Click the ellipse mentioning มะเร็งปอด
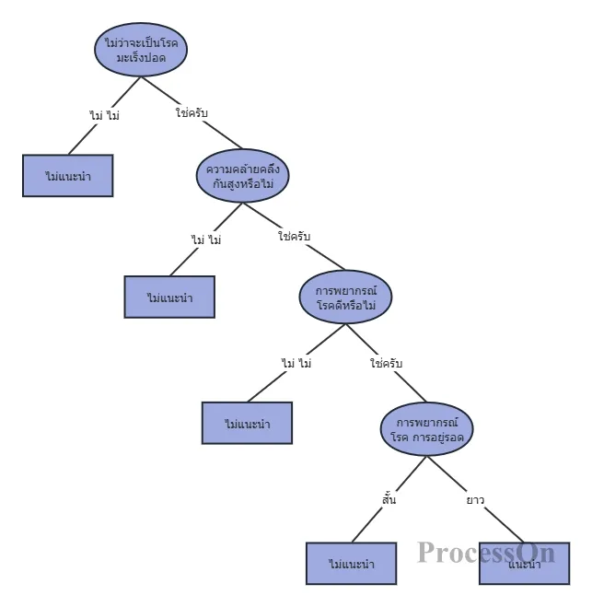click(141, 51)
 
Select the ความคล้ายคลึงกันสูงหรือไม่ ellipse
click(243, 176)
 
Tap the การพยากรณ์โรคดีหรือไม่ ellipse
click(346, 297)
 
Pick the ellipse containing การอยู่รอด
click(427, 428)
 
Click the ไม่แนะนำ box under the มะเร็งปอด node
click(67, 175)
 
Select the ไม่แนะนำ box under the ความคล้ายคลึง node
click(169, 297)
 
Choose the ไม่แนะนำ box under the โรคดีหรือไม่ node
click(247, 423)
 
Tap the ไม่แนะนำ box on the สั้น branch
click(351, 563)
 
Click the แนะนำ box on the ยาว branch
click(524, 563)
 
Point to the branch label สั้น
click(389, 500)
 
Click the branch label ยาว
click(475, 500)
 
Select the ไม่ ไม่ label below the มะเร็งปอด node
click(104, 115)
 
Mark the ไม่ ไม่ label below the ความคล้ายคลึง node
click(206, 239)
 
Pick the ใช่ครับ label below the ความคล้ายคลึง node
click(294, 237)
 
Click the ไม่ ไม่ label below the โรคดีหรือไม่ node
click(296, 364)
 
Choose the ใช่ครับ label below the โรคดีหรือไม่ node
click(386, 364)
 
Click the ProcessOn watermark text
click(485, 552)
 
